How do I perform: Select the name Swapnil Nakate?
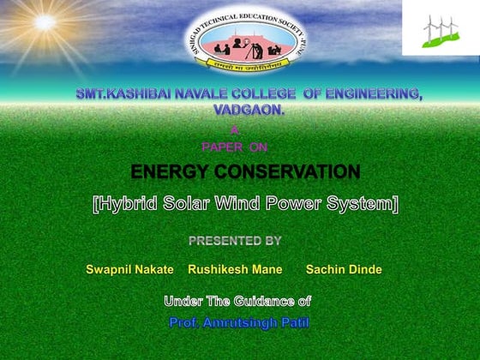click(x=130, y=269)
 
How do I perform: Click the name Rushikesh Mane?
click(x=236, y=269)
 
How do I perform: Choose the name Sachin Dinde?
click(x=344, y=269)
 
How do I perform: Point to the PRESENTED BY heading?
click(x=235, y=241)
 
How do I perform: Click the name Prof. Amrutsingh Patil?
click(x=239, y=322)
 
